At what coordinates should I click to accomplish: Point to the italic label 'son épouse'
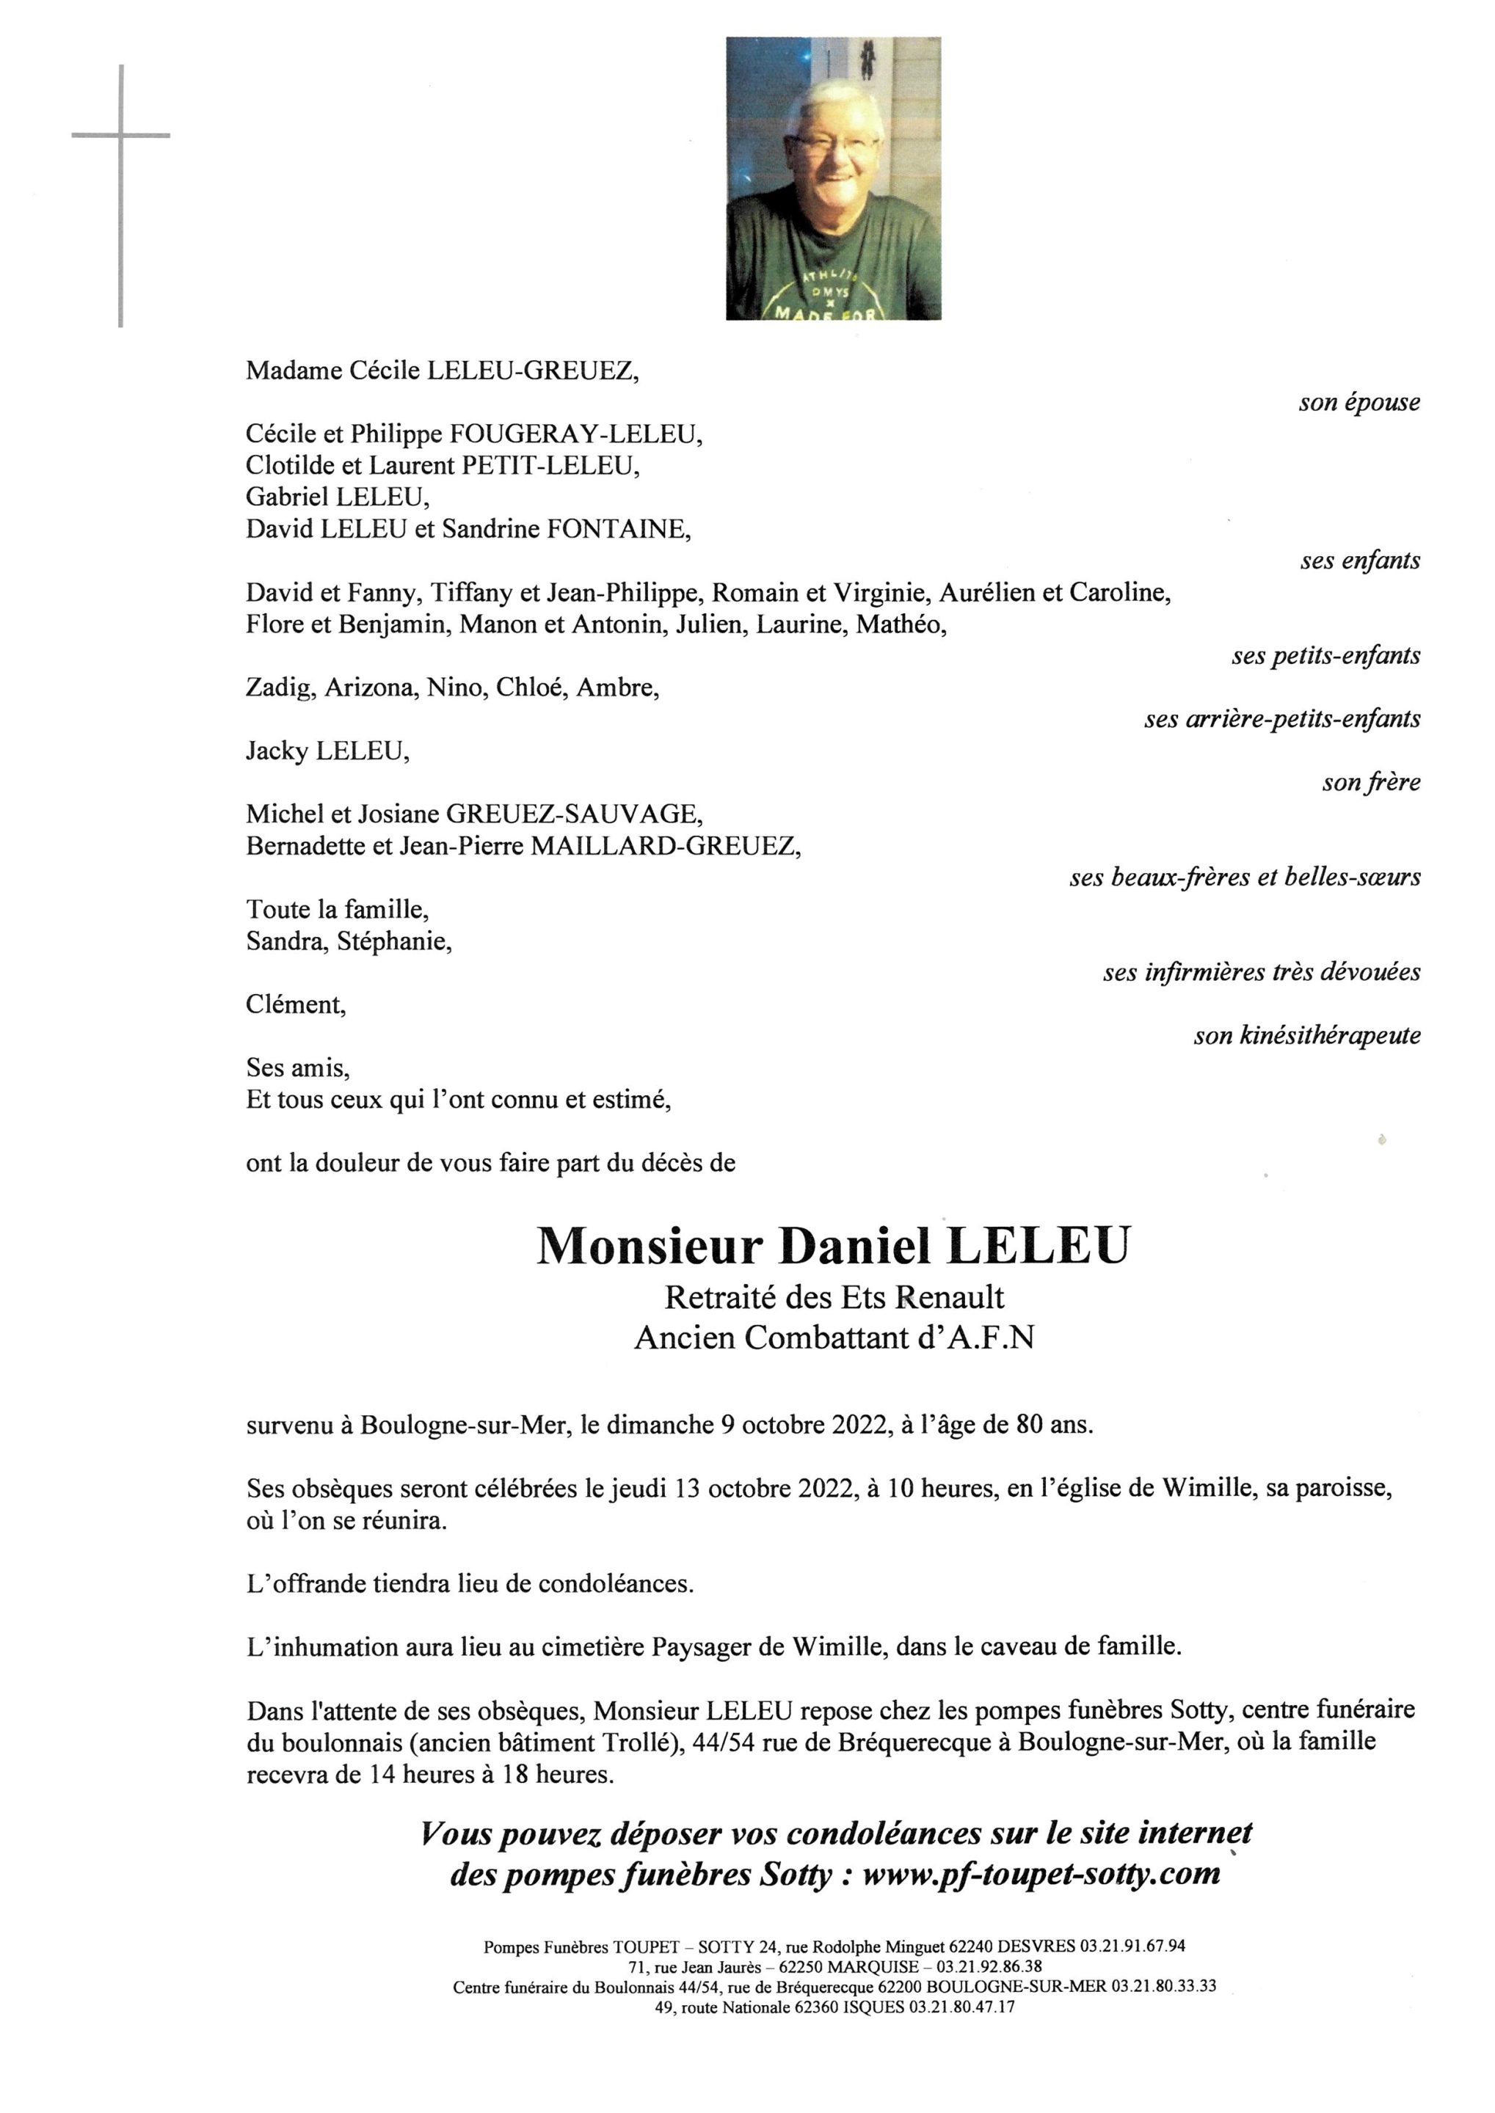pos(1358,402)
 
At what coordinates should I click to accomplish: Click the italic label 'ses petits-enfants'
pos(1325,656)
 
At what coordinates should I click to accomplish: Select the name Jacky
pos(277,751)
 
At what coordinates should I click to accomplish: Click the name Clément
pos(294,1005)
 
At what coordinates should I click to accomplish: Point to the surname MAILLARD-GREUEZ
pos(663,846)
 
